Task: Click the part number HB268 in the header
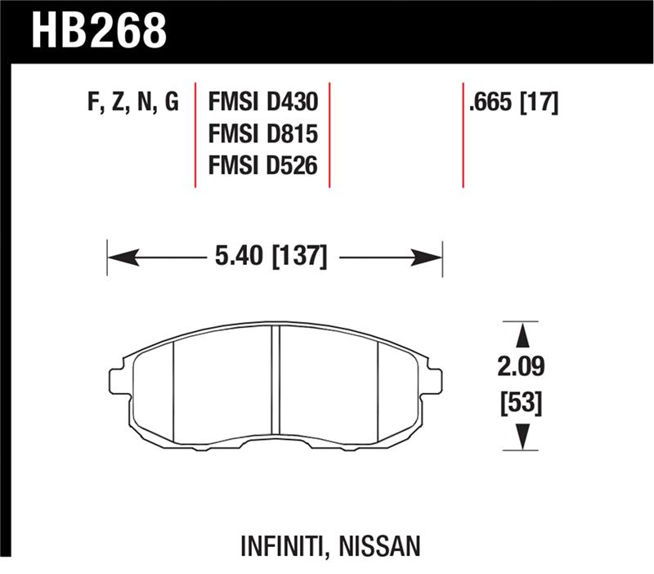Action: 99,30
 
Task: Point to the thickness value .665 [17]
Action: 511,102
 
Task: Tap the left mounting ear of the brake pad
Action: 119,378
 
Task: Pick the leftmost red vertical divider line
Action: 195,135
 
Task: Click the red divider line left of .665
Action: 463,135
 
